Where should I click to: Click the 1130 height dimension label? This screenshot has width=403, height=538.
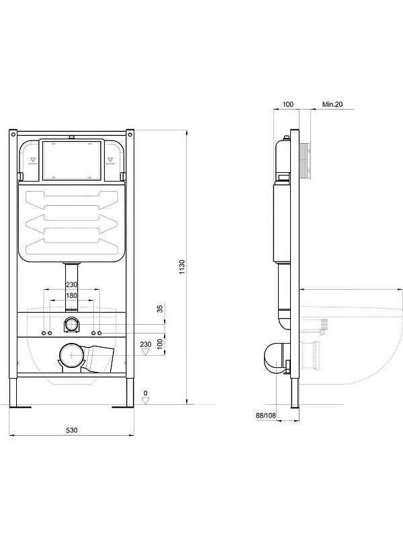click(x=182, y=267)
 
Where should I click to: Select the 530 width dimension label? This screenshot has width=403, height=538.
click(x=72, y=430)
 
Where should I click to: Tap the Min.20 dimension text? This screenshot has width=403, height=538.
click(x=332, y=104)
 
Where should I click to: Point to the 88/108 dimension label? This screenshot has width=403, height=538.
click(x=265, y=416)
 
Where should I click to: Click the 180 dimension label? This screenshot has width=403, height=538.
click(x=72, y=295)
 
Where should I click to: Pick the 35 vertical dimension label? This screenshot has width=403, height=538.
click(x=160, y=309)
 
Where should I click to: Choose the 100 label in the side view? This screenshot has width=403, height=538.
click(x=288, y=104)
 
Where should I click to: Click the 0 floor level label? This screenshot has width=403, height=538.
click(x=146, y=393)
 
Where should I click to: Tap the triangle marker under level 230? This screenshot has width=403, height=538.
click(x=146, y=352)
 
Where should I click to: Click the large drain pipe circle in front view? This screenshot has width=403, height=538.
click(x=72, y=355)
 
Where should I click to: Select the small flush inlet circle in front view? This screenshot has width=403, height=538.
click(x=72, y=324)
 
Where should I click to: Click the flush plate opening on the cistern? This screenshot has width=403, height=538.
click(x=72, y=160)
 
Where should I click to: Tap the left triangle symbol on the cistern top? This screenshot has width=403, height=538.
click(x=33, y=159)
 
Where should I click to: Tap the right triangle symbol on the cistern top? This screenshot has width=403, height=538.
click(x=110, y=159)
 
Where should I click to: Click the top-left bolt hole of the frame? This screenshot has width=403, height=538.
click(x=13, y=134)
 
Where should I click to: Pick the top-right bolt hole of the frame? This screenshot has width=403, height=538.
click(x=130, y=134)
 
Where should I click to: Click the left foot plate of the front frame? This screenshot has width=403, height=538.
click(x=20, y=407)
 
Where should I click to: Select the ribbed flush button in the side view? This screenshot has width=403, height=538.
click(x=306, y=161)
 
